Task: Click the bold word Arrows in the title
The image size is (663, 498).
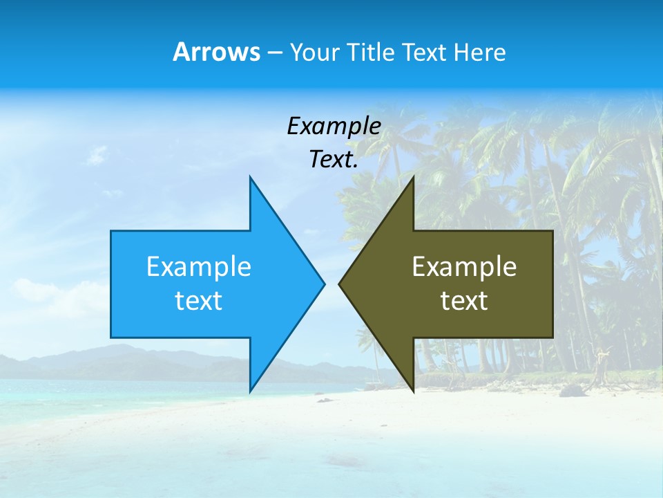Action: [x=216, y=52]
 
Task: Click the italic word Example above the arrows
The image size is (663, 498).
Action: [x=334, y=126]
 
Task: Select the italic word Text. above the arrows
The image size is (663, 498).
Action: [x=334, y=159]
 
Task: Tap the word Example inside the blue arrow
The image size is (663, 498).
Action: [x=199, y=266]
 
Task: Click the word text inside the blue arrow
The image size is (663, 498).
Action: [x=199, y=300]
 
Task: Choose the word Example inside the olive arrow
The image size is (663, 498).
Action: [x=464, y=266]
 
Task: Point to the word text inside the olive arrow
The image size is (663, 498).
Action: [x=464, y=300]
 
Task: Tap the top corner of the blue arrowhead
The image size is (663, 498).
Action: [x=250, y=178]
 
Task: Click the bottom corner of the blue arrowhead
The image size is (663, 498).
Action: [x=250, y=390]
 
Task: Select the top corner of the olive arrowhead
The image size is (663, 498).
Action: [x=413, y=178]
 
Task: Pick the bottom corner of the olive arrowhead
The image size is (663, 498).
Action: [x=413, y=390]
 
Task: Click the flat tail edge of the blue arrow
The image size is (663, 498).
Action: [x=111, y=284]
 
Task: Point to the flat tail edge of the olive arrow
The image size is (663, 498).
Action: [x=552, y=284]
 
